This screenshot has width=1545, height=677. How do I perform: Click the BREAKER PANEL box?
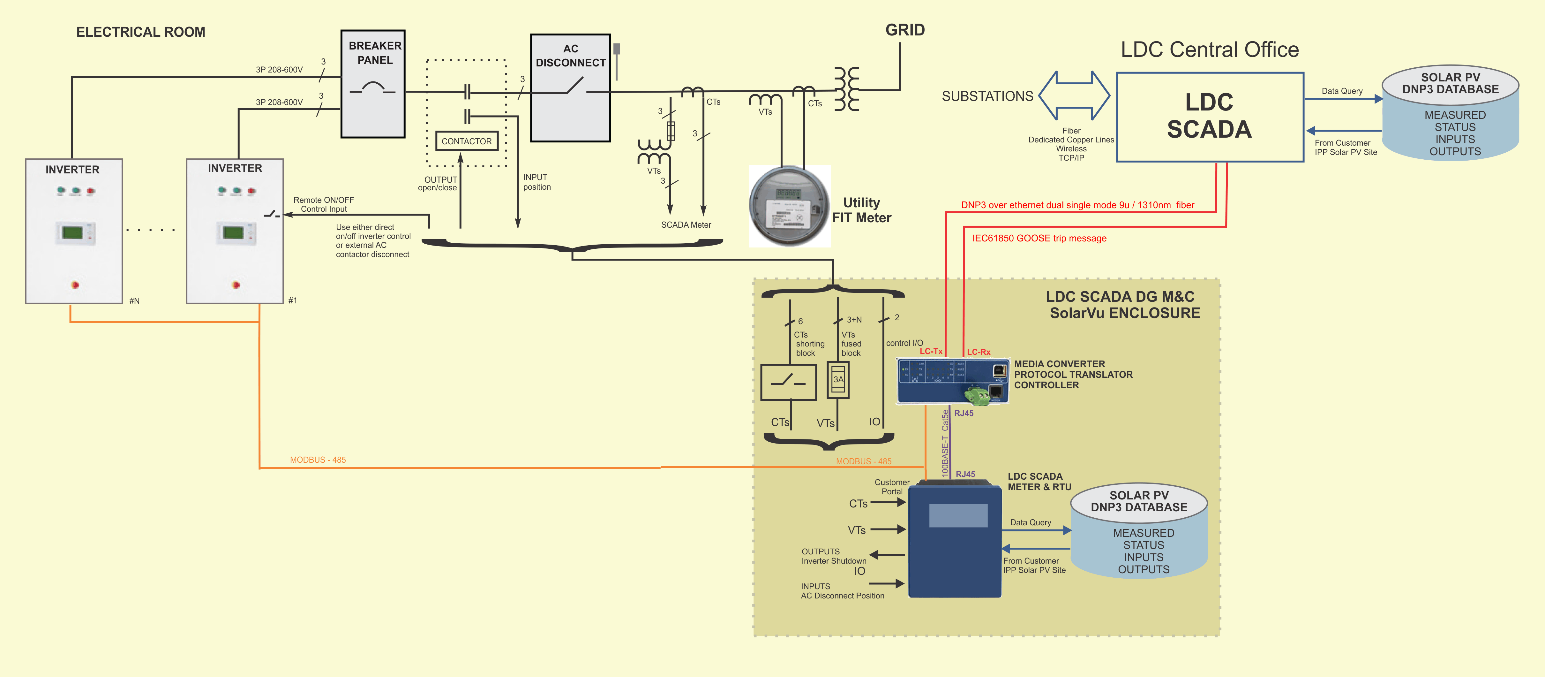coord(372,84)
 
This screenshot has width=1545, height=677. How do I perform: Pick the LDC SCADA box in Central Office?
coord(1209,117)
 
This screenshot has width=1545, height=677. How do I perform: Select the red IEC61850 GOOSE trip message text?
coord(1039,238)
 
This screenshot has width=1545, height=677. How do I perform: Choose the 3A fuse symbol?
coord(838,379)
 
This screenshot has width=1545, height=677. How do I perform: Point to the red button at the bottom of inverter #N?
coord(75,285)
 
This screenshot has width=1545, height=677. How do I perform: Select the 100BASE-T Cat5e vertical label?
coord(945,443)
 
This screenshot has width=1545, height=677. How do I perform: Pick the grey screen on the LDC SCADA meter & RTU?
coord(958,515)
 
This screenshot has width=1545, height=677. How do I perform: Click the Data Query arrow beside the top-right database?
coord(1344,98)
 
